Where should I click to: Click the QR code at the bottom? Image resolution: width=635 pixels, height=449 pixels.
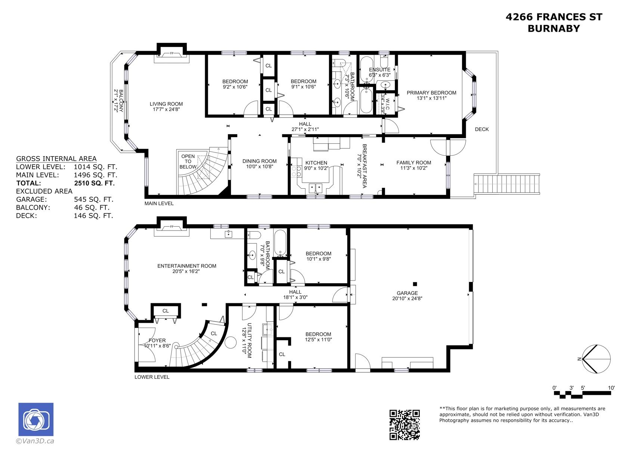pyautogui.click(x=405, y=425)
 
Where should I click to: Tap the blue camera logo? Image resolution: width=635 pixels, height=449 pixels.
pyautogui.click(x=36, y=419)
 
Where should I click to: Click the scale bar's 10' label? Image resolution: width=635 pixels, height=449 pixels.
pyautogui.click(x=611, y=388)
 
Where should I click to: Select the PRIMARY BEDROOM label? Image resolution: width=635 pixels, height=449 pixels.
pyautogui.click(x=431, y=93)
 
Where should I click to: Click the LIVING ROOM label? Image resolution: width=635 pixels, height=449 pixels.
pyautogui.click(x=166, y=104)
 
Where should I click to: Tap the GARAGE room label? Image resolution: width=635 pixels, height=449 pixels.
pyautogui.click(x=407, y=293)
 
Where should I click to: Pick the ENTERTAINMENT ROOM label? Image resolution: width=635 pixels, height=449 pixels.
pyautogui.click(x=187, y=266)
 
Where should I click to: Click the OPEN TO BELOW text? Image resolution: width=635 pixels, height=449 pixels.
pyautogui.click(x=188, y=162)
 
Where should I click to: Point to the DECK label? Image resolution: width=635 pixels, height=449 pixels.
pyautogui.click(x=482, y=129)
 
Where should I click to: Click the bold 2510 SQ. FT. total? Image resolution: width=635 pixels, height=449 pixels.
pyautogui.click(x=95, y=183)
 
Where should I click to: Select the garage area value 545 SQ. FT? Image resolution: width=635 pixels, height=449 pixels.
pyautogui.click(x=93, y=199)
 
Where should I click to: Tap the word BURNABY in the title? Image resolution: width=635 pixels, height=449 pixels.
pyautogui.click(x=554, y=28)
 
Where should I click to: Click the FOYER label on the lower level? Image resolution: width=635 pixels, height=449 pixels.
pyautogui.click(x=157, y=340)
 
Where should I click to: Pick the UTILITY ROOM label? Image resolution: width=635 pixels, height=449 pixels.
pyautogui.click(x=250, y=340)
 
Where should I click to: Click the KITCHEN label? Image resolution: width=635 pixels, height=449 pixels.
pyautogui.click(x=316, y=163)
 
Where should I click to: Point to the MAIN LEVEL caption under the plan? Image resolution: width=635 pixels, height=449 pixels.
pyautogui.click(x=159, y=204)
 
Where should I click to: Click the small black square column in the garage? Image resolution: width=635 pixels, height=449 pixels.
pyautogui.click(x=415, y=284)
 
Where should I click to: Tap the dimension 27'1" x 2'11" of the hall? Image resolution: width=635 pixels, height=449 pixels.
pyautogui.click(x=305, y=129)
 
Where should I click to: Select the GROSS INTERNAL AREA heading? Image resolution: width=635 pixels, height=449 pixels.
pyautogui.click(x=56, y=159)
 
